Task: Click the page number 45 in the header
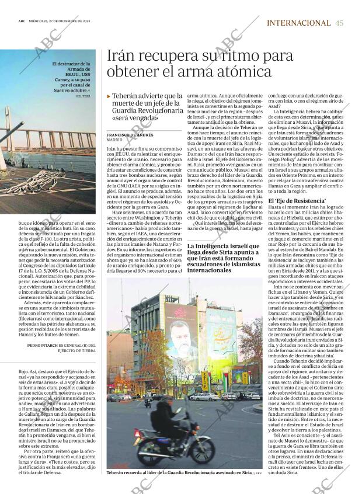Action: point(340,23)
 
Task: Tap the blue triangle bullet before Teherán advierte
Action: point(109,96)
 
